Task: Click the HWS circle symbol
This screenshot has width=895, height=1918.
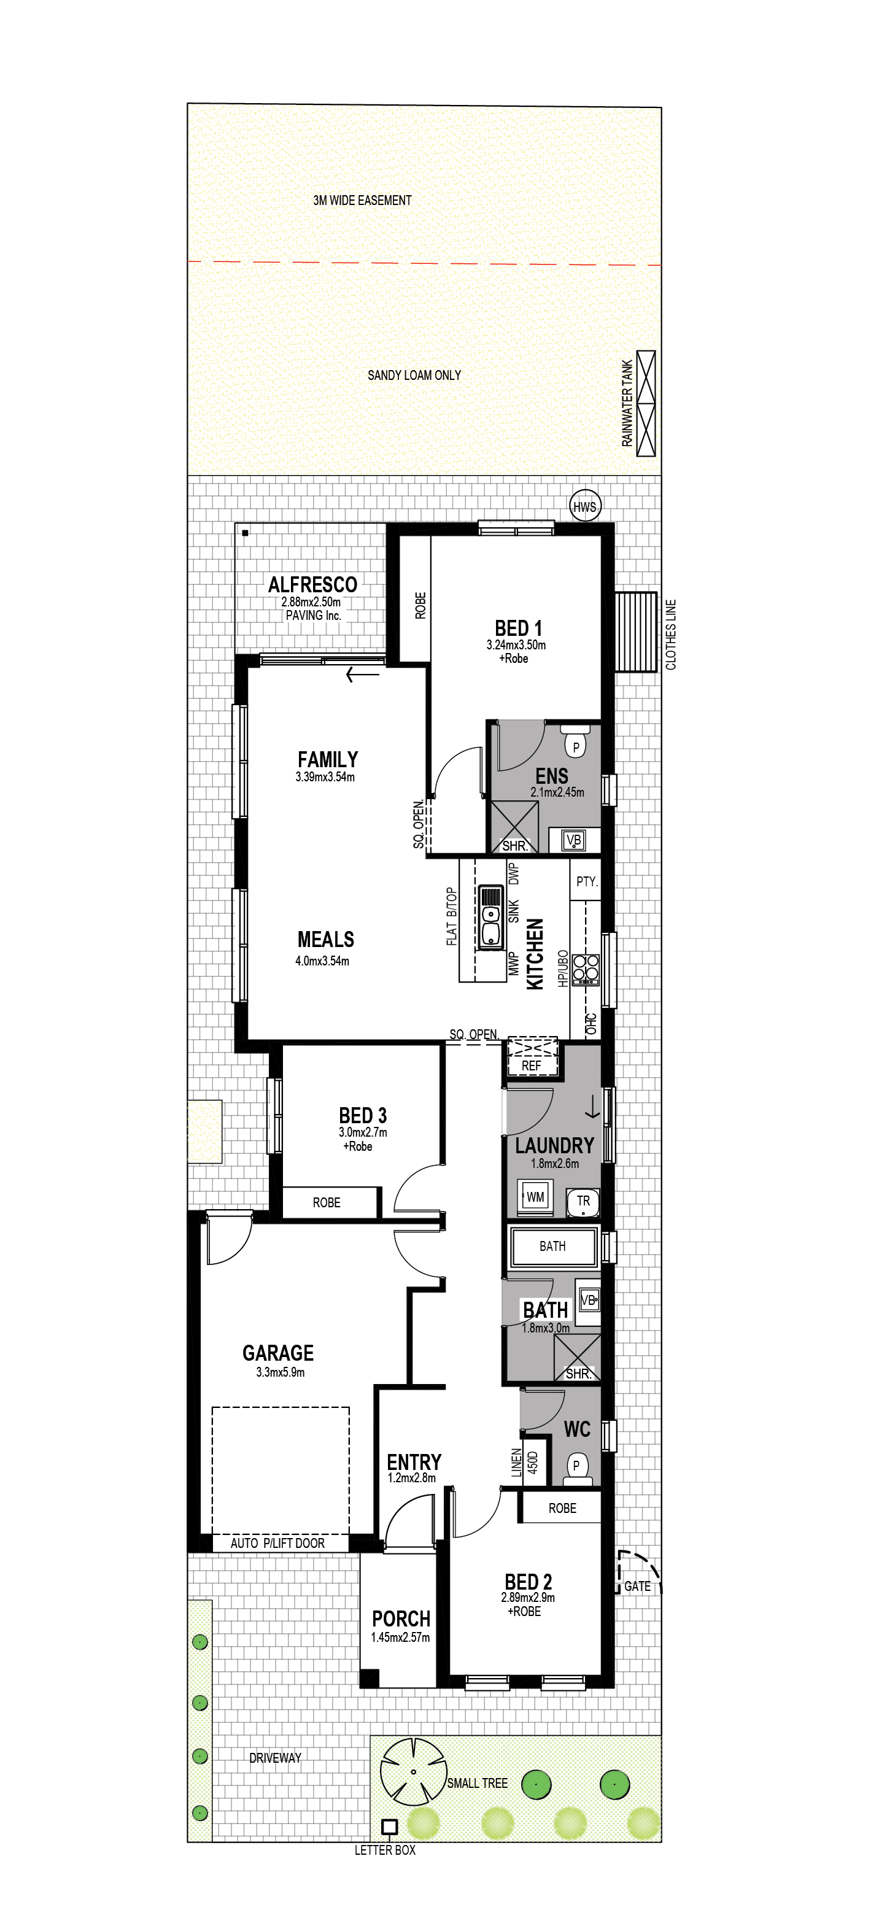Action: click(x=584, y=506)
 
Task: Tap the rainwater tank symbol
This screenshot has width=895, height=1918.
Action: click(x=646, y=403)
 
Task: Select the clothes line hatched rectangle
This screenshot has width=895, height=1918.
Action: click(x=635, y=632)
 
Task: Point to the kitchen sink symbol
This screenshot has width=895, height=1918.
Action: click(x=490, y=918)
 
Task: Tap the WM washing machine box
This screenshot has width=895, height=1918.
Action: click(x=535, y=1197)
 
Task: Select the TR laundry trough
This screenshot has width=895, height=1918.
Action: click(x=583, y=1201)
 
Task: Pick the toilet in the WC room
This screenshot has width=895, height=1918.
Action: click(x=576, y=1469)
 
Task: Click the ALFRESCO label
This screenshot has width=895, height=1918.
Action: click(x=312, y=584)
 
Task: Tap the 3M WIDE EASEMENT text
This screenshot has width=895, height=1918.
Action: click(x=362, y=200)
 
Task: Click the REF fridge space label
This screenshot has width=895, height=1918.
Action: click(x=531, y=1065)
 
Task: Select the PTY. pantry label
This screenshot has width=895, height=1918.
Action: click(x=587, y=881)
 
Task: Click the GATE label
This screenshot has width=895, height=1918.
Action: click(x=637, y=1586)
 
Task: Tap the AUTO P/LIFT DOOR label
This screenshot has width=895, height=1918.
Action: click(x=277, y=1543)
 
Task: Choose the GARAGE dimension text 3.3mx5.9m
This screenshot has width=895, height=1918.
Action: click(x=280, y=1372)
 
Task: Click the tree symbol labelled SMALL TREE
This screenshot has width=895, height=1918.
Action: click(x=413, y=1772)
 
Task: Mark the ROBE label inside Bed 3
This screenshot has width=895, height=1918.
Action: click(x=326, y=1202)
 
